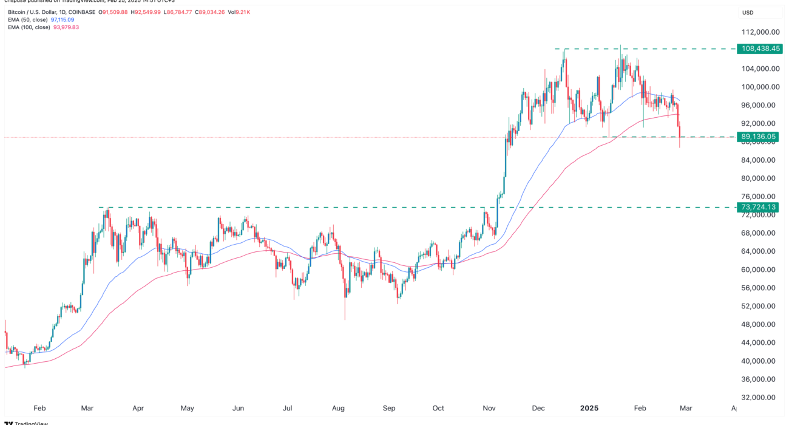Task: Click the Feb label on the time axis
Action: pyautogui.click(x=39, y=409)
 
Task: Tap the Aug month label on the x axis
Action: pyautogui.click(x=339, y=409)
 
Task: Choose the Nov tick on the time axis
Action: pyautogui.click(x=489, y=409)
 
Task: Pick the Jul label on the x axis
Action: pyautogui.click(x=288, y=409)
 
